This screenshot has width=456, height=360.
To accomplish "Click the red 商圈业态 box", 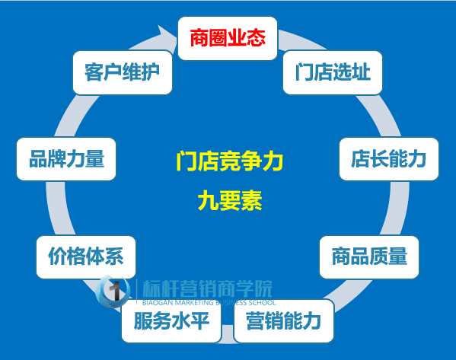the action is pos(228,38).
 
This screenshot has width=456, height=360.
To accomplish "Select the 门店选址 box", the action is pos(333,72).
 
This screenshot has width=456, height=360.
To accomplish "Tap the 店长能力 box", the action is pos(389,159).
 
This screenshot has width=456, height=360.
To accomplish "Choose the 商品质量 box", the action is pos(369,257).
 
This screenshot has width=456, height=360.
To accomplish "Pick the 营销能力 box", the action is pos(284,321).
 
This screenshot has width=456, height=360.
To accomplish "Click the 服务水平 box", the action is pos(171,321).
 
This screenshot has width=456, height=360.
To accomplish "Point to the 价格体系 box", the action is pos(86,257).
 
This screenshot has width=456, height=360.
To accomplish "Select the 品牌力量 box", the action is pos(66,159).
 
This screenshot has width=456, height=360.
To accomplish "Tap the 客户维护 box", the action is pos(123,72).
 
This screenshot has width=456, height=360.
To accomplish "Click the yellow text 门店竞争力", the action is pos(230,161).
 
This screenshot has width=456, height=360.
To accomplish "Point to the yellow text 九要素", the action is pos(230,201).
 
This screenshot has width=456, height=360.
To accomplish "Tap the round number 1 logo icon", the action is pos(113,291).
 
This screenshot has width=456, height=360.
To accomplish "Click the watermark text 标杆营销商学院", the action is pos(207,288).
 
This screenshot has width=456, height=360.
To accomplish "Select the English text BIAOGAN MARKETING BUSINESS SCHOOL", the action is pos(209,303).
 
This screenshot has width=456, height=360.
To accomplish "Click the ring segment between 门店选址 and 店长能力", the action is pos(379,116).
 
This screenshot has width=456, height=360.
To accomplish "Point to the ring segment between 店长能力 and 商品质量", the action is pos(397,208).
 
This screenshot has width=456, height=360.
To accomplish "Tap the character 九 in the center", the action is pos(209,201).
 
